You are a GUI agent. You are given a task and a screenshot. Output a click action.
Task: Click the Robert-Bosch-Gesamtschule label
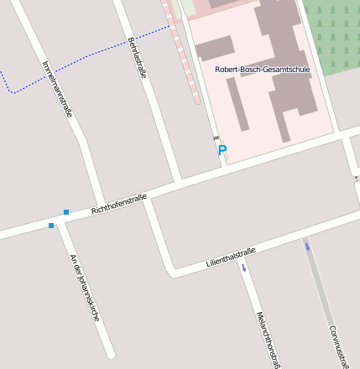point(262,70)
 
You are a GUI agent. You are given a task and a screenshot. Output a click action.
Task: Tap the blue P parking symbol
point(222,151)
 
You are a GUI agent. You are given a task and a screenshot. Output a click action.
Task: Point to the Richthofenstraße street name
point(119,204)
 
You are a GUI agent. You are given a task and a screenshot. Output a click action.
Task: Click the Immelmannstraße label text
point(56,89)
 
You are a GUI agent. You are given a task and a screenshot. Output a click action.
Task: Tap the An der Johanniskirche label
point(85,288)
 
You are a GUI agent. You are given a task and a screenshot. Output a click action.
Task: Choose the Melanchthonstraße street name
point(267,339)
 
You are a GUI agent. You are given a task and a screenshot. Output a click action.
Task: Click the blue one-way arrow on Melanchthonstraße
point(244,268)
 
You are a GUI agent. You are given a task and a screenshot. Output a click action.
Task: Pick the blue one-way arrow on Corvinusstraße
point(307,246)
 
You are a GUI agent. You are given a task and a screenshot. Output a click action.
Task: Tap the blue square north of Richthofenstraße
point(66,211)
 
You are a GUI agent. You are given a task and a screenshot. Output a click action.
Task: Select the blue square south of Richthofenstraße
point(51,226)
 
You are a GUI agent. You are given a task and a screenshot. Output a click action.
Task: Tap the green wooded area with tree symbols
point(331,34)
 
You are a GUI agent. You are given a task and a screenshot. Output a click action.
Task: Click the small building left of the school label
point(215,48)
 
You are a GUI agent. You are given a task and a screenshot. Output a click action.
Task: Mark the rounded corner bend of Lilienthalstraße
point(173,270)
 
